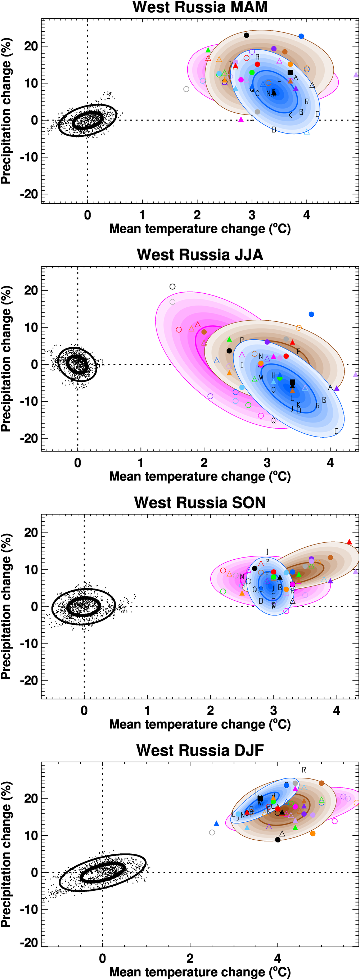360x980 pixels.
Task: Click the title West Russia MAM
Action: pyautogui.click(x=200, y=7)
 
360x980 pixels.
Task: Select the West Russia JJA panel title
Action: pyautogui.click(x=200, y=254)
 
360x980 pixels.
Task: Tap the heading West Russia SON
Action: pyautogui.click(x=200, y=502)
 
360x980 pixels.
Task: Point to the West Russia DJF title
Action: pyautogui.click(x=200, y=750)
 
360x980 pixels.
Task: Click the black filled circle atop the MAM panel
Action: pyautogui.click(x=246, y=35)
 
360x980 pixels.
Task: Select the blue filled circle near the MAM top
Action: pyautogui.click(x=301, y=36)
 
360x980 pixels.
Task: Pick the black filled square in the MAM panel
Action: pyautogui.click(x=290, y=72)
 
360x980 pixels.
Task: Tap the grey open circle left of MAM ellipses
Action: pyautogui.click(x=186, y=89)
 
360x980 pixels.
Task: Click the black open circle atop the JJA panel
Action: pyautogui.click(x=172, y=286)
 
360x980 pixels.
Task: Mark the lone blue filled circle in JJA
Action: pyautogui.click(x=311, y=314)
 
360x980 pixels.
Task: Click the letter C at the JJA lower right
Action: pyautogui.click(x=336, y=431)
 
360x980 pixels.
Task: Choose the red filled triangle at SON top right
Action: pyautogui.click(x=349, y=542)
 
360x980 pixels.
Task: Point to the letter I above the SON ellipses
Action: pyautogui.click(x=267, y=552)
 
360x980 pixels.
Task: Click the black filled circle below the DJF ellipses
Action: pyautogui.click(x=278, y=840)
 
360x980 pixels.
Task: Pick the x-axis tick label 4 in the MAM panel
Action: pyautogui.click(x=306, y=215)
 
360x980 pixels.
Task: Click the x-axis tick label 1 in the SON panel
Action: pyautogui.click(x=147, y=710)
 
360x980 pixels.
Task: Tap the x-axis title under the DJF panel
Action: pyautogui.click(x=200, y=972)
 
